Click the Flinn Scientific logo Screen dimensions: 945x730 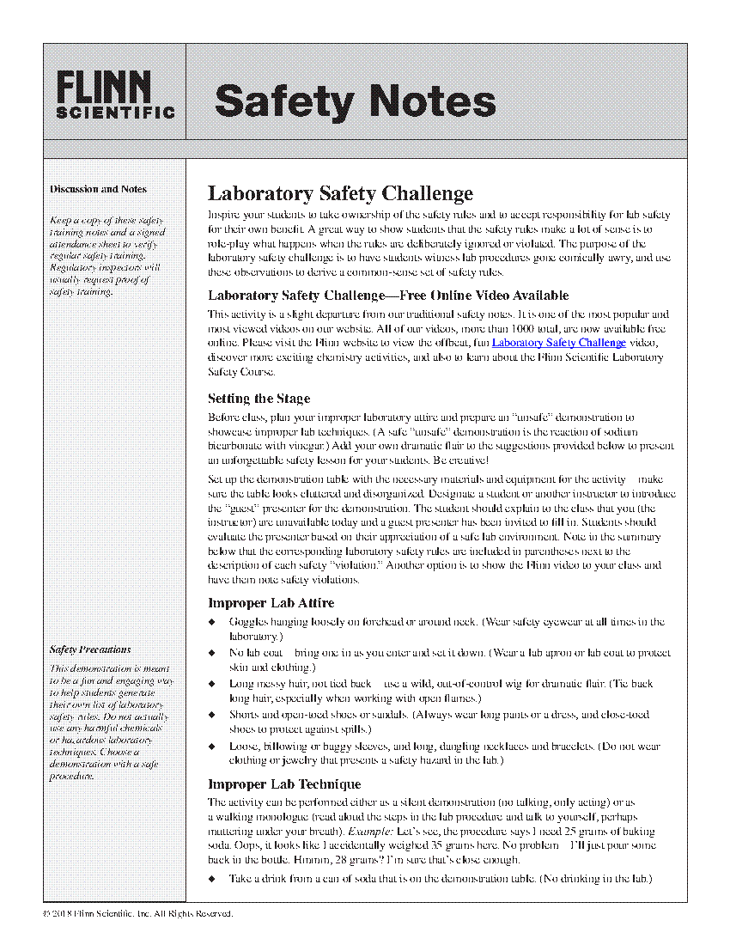click(x=115, y=94)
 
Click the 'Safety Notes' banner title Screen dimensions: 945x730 click(x=355, y=101)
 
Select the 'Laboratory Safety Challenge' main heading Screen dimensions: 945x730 click(x=340, y=193)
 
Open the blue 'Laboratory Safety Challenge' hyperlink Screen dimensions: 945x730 click(x=558, y=343)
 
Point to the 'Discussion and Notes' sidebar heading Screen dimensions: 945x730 click(x=98, y=189)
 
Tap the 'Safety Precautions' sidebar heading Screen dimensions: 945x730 click(x=90, y=649)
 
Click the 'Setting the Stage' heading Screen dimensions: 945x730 click(x=259, y=399)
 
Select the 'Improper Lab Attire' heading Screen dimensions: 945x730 click(x=271, y=603)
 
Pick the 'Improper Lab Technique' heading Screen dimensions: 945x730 click(x=284, y=784)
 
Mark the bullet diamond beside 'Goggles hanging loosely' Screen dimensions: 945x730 click(x=212, y=622)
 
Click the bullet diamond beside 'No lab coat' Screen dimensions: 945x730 click(x=212, y=653)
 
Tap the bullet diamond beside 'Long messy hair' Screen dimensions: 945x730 click(x=212, y=684)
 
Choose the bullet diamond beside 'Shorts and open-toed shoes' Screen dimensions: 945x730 click(x=212, y=715)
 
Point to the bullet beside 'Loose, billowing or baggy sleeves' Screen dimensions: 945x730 click(x=212, y=747)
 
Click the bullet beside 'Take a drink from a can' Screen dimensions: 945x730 click(x=212, y=879)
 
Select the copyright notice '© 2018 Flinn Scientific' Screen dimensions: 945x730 click(x=137, y=913)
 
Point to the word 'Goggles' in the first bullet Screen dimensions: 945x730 click(x=248, y=622)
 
